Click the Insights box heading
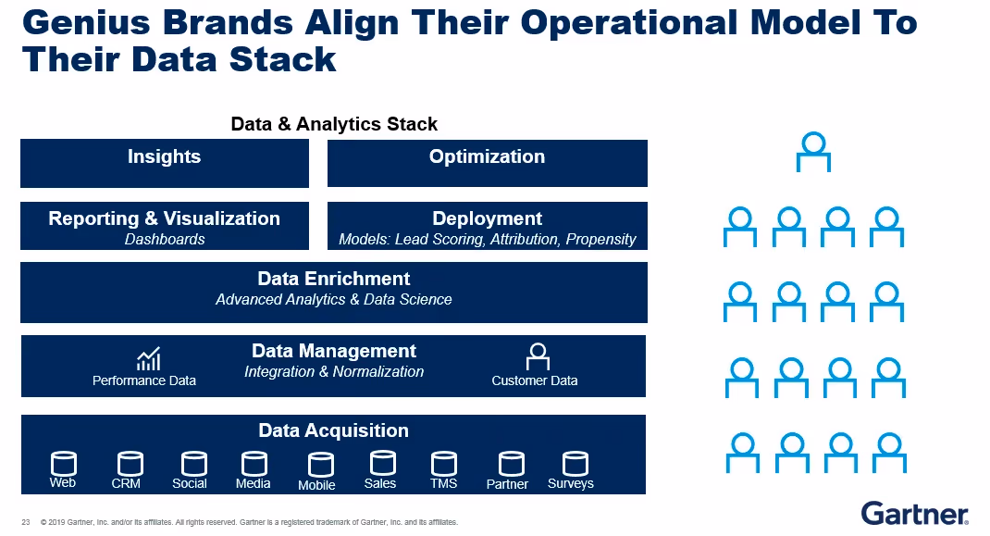click(164, 156)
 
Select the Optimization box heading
click(487, 156)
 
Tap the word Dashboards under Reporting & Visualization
click(165, 239)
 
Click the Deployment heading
click(488, 218)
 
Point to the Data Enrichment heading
click(334, 279)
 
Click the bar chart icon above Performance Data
click(148, 358)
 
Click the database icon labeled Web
click(63, 464)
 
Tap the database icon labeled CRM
click(130, 464)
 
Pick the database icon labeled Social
click(193, 464)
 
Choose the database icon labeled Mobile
click(320, 465)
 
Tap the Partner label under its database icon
click(507, 484)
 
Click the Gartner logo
click(914, 512)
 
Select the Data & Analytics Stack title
click(334, 124)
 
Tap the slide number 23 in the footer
click(26, 522)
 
